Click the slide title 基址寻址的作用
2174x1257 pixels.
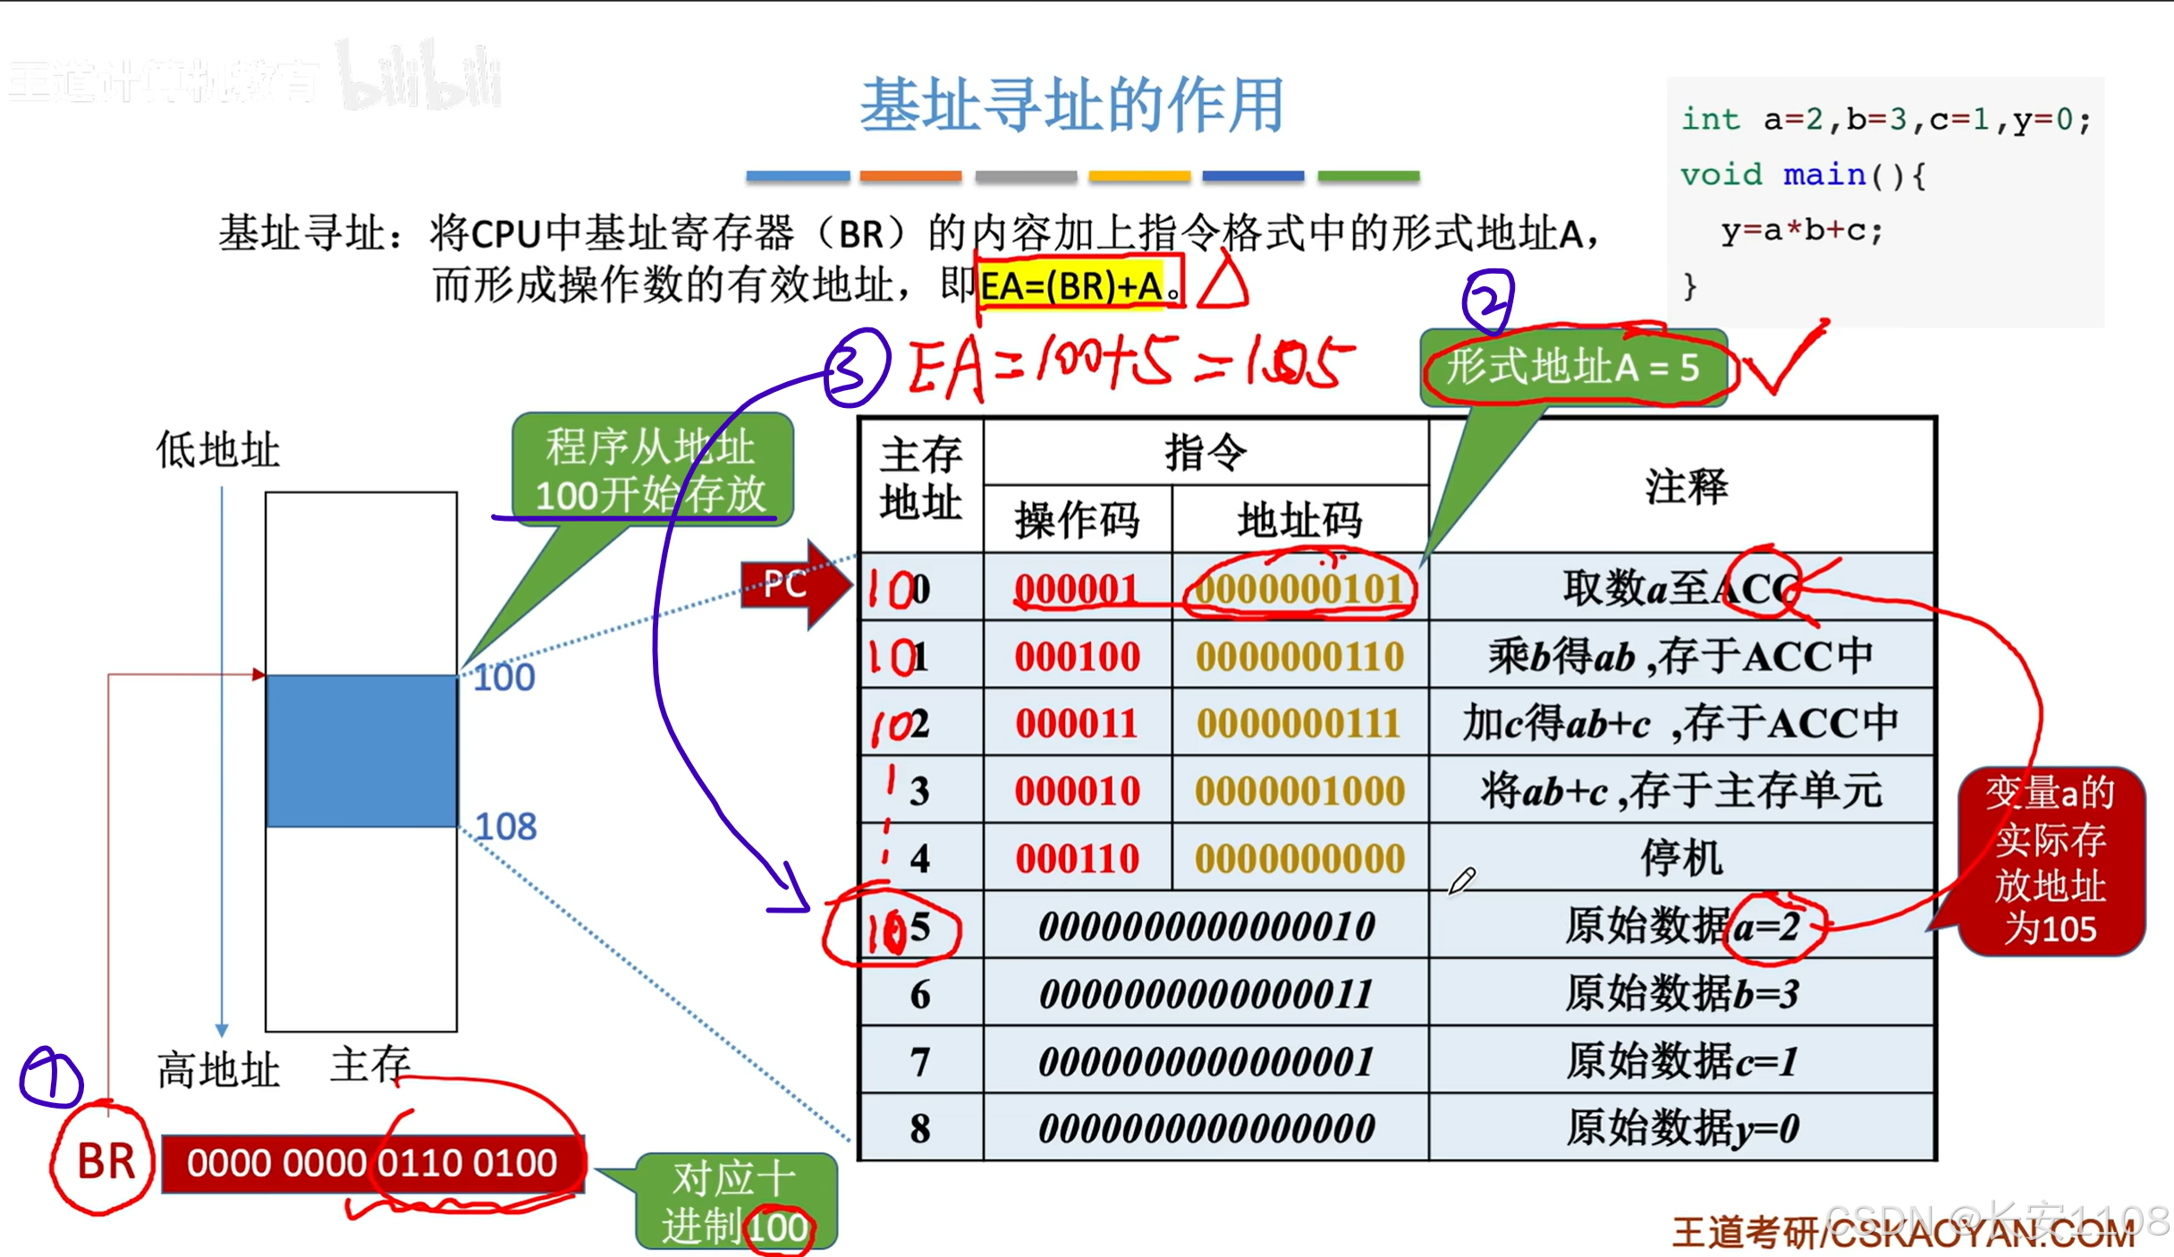click(x=1071, y=106)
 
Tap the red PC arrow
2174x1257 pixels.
click(x=791, y=585)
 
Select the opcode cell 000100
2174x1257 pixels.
click(x=1077, y=657)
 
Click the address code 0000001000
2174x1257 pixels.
click(x=1299, y=791)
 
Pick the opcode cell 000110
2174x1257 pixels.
click(x=1077, y=859)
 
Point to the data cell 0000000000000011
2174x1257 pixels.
click(x=1205, y=994)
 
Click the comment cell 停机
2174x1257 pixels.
click(x=1681, y=859)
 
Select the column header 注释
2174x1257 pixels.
click(x=1685, y=487)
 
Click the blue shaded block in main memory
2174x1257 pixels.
click(x=361, y=751)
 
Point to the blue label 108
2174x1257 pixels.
click(x=505, y=827)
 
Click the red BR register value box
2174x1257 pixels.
click(x=372, y=1163)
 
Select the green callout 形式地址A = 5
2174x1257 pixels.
click(x=1572, y=368)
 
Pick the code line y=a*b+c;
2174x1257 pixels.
click(x=1801, y=231)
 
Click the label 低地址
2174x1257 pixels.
click(x=217, y=449)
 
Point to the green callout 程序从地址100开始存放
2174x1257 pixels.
click(x=651, y=470)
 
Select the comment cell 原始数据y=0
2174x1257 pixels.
click(x=1681, y=1128)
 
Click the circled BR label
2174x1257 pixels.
click(x=105, y=1161)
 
